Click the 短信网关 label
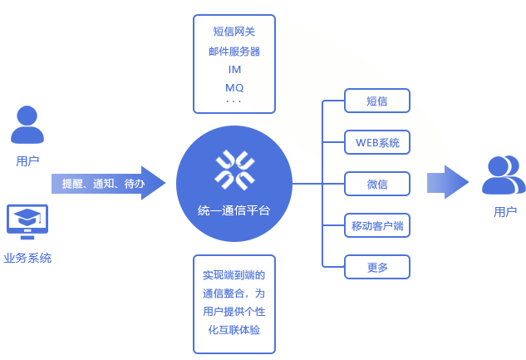tap(235, 32)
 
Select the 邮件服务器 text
tap(235, 52)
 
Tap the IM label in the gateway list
tap(234, 70)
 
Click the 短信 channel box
tap(377, 101)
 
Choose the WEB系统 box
tap(377, 142)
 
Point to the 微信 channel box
tap(376, 183)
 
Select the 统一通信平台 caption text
tap(234, 211)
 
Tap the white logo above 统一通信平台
tap(234, 169)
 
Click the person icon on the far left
tap(27, 125)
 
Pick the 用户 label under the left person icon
tap(27, 160)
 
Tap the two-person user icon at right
tap(504, 175)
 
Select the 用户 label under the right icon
tap(504, 212)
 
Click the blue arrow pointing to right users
tap(448, 182)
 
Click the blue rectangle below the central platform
tap(234, 303)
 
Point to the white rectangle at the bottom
tap(415, 328)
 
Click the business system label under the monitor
tap(29, 258)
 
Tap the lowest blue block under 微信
tap(377, 267)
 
